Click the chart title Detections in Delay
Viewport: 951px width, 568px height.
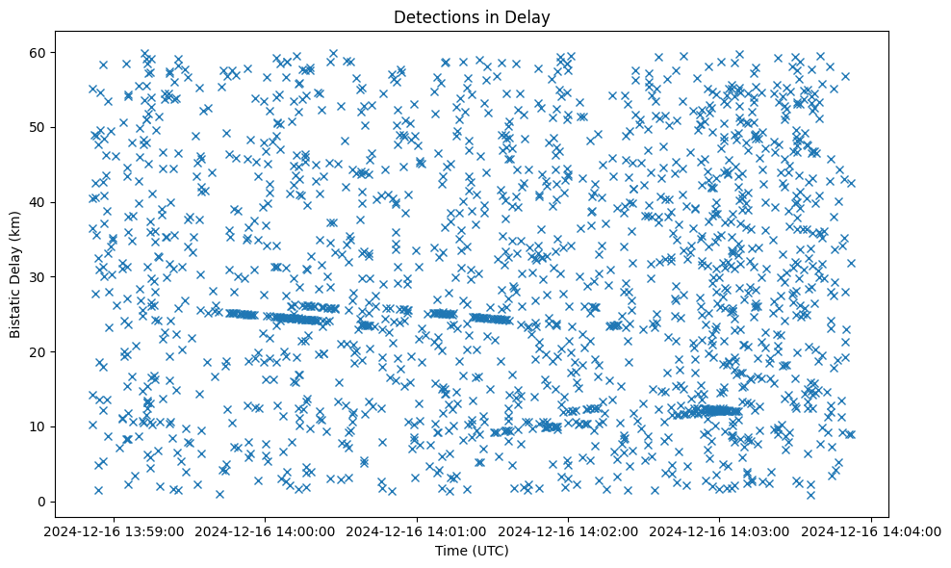coord(472,16)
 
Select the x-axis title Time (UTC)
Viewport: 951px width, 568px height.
coord(472,552)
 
